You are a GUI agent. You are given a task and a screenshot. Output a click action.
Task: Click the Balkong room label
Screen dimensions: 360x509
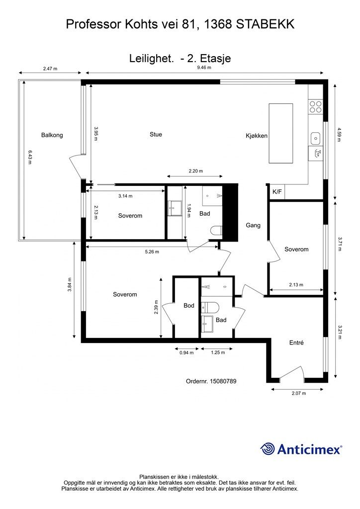coord(52,135)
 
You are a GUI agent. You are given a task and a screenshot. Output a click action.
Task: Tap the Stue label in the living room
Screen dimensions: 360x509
coord(156,134)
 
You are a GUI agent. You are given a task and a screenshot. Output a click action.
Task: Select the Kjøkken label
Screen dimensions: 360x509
coord(257,136)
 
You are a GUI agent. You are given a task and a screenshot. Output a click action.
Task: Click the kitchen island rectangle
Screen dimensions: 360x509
coord(281,133)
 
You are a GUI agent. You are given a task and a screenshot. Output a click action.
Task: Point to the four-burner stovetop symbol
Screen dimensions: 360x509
coord(316,107)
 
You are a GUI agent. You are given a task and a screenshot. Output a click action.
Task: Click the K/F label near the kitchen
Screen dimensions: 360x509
coord(277,192)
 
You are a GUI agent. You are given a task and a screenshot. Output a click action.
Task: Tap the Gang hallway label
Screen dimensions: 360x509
coord(253,225)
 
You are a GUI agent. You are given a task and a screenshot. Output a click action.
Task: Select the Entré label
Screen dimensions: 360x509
coord(296,342)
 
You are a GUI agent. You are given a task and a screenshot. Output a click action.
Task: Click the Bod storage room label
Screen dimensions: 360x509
coord(189,306)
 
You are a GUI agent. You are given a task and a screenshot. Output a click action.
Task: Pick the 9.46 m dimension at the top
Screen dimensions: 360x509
coord(204,68)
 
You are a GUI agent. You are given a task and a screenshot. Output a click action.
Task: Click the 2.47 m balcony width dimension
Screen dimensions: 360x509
coord(50,69)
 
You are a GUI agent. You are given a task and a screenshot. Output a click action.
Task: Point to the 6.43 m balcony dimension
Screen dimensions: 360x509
coord(30,157)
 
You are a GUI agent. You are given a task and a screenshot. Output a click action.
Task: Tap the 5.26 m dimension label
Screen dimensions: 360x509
coord(152,252)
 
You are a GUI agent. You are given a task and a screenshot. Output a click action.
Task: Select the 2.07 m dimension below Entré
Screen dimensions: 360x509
coord(299,393)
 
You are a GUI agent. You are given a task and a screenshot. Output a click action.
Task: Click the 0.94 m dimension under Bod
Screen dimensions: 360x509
coord(186,352)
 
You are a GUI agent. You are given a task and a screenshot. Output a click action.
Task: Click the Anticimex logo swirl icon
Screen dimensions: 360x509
coord(268,449)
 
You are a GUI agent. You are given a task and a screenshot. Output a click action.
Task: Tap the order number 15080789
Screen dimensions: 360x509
coord(223,381)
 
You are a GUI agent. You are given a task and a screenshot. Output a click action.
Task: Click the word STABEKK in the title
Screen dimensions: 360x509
coord(265,24)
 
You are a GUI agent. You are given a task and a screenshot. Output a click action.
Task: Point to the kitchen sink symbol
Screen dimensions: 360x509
coord(315,139)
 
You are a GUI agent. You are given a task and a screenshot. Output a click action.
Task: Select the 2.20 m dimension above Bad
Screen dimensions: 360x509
coord(196,171)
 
